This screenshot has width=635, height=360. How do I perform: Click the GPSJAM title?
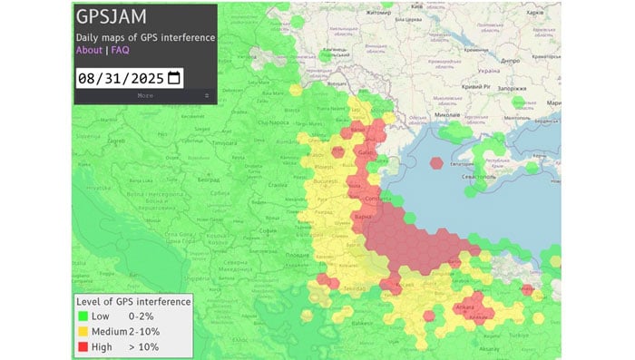pos(112,18)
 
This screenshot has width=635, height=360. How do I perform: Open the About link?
pos(88,50)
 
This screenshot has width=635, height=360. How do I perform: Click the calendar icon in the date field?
pos(174,78)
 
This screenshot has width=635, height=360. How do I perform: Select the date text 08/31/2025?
pos(121,78)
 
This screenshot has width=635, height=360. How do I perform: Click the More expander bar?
pos(145,95)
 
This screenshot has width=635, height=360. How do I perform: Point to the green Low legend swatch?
pos(83,316)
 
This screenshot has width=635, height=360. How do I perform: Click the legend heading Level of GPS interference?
pos(132,301)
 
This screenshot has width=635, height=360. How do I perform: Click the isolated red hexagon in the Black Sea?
pos(437,164)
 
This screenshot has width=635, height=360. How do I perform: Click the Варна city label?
pos(364,217)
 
